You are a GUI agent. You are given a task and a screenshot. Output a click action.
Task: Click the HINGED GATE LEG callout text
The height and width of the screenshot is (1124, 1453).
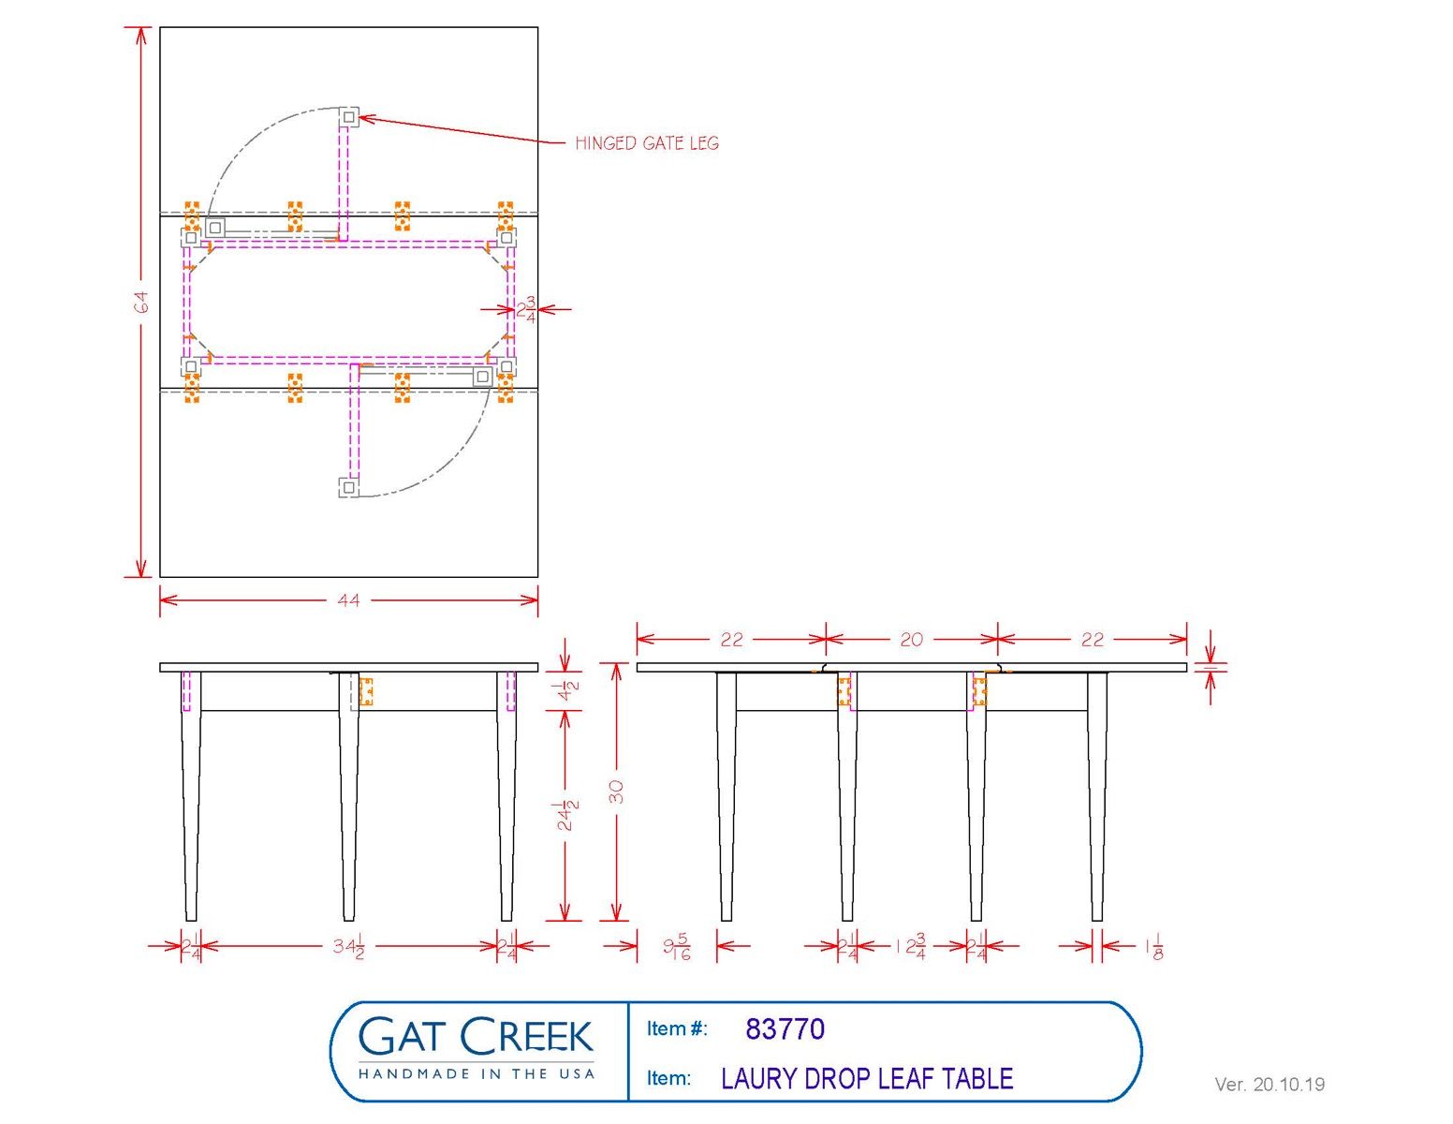pyautogui.click(x=647, y=143)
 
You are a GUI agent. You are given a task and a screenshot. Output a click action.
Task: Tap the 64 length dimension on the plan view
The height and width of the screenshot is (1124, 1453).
pyautogui.click(x=140, y=302)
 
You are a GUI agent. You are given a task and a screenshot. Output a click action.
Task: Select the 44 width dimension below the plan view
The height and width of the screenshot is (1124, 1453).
pyautogui.click(x=348, y=599)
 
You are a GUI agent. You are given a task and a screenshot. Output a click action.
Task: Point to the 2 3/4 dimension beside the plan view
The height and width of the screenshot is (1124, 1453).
pyautogui.click(x=526, y=309)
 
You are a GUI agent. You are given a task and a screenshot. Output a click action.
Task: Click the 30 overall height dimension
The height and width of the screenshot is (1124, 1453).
pyautogui.click(x=616, y=791)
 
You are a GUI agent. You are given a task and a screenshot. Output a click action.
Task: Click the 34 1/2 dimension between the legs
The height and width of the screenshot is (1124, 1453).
pyautogui.click(x=348, y=946)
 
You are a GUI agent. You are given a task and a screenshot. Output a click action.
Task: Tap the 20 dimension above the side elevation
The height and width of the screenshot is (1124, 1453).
pyautogui.click(x=911, y=640)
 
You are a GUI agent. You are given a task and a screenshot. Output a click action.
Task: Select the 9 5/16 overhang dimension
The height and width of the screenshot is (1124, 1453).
pyautogui.click(x=677, y=947)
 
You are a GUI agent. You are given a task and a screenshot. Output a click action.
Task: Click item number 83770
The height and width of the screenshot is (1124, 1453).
pyautogui.click(x=785, y=1029)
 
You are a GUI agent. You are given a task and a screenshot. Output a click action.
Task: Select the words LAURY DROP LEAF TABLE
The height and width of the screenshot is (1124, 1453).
pyautogui.click(x=867, y=1079)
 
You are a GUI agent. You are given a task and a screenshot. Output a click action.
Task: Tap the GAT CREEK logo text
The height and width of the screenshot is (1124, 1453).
pyautogui.click(x=476, y=1036)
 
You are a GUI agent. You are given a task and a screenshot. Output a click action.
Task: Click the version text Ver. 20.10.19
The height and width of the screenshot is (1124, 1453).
pyautogui.click(x=1270, y=1085)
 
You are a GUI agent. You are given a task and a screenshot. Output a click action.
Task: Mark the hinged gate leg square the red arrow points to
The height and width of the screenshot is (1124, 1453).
pyautogui.click(x=348, y=117)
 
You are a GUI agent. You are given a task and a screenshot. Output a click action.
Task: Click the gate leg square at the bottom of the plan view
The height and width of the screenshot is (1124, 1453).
pyautogui.click(x=348, y=487)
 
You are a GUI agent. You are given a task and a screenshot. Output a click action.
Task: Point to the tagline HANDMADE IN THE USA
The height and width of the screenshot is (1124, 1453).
pyautogui.click(x=477, y=1073)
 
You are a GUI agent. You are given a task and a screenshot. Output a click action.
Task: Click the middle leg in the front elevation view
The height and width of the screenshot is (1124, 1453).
pyautogui.click(x=348, y=796)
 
